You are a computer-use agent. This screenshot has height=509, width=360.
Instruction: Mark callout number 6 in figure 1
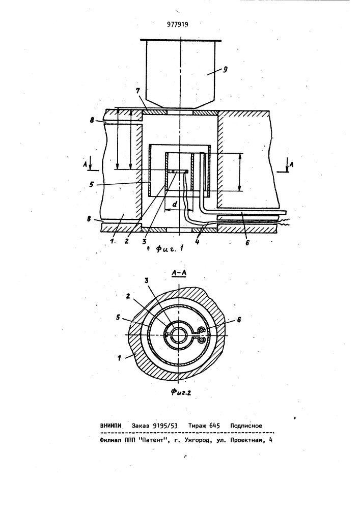247,242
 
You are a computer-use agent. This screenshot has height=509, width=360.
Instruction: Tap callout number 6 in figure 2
239,320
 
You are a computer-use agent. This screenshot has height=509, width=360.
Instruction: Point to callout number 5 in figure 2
118,318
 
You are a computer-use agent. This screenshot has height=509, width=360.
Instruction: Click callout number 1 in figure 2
119,358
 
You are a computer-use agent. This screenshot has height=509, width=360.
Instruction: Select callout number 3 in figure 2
147,280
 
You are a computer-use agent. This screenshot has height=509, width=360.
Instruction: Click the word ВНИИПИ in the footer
110,426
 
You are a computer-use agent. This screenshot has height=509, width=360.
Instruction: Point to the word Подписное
246,426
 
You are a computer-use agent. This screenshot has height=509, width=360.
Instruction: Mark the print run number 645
215,426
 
